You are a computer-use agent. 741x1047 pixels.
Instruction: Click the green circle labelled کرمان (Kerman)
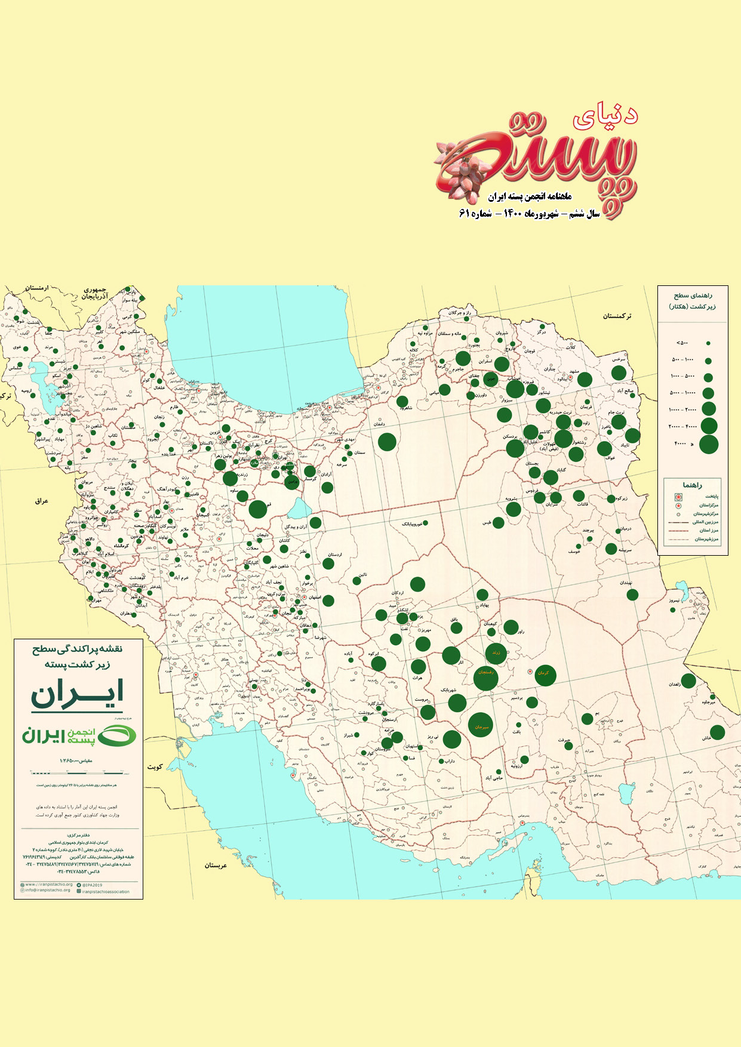tap(545, 675)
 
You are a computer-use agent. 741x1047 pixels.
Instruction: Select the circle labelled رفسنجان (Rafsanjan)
tap(485, 678)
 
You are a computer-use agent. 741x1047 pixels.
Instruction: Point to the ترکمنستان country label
tap(617, 316)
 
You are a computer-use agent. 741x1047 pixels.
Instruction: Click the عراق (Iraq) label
tap(41, 501)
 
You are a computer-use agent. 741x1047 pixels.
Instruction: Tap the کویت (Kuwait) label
tap(155, 766)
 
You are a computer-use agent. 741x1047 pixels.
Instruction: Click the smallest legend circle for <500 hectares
tap(708, 344)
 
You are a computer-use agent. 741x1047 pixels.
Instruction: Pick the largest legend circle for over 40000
tap(709, 445)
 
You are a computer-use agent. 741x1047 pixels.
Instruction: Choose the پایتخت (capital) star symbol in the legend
tap(678, 497)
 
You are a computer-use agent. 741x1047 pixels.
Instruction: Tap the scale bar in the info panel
tap(78, 774)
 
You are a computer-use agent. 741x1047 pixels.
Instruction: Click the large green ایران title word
tap(77, 694)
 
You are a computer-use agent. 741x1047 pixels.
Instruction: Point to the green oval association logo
tap(116, 736)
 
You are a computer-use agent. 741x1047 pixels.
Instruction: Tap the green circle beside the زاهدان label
tap(688, 680)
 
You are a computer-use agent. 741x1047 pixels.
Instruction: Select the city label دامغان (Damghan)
tap(379, 424)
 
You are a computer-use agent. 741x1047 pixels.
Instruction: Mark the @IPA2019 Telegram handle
tap(91, 885)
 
